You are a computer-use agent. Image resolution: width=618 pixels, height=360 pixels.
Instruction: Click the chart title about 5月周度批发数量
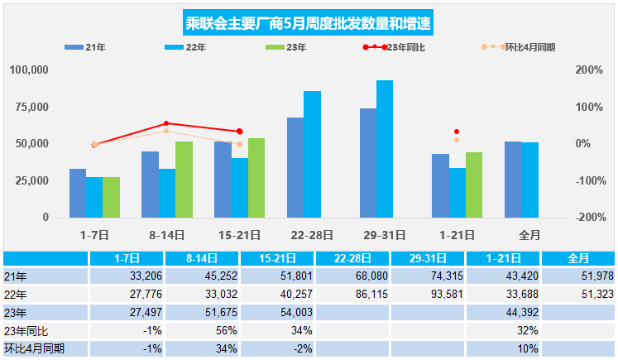[x=308, y=22]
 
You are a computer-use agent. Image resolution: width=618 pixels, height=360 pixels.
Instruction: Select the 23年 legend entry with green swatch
[x=286, y=48]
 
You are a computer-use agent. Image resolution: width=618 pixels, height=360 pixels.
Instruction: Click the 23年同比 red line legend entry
[x=385, y=48]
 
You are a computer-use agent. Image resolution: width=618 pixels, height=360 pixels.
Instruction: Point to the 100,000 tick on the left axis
[x=29, y=70]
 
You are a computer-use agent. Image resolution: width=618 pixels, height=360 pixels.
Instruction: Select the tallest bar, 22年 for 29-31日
[x=385, y=149]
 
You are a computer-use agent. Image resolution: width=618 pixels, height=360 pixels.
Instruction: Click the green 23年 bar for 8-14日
[x=184, y=180]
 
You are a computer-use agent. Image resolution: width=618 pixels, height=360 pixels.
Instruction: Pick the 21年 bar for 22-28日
[x=295, y=167]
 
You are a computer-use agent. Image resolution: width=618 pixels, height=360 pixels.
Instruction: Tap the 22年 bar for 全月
[x=529, y=180]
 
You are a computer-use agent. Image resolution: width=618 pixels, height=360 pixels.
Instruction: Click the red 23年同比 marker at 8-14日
[x=166, y=123]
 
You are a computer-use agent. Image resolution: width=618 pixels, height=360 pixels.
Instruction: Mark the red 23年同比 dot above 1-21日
[x=457, y=132]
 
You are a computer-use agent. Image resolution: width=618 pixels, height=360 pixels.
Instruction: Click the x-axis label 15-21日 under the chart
[x=239, y=234]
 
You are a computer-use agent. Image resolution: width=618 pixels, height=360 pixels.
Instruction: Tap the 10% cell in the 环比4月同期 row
[x=503, y=348]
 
